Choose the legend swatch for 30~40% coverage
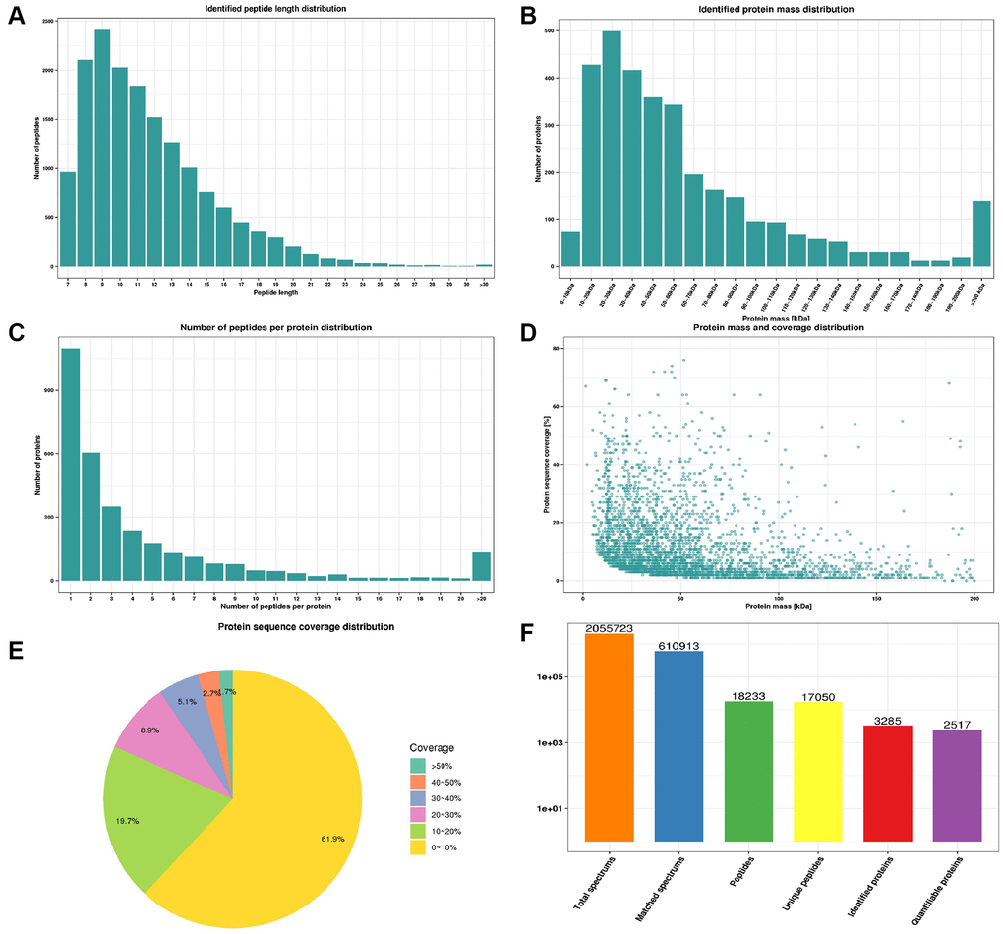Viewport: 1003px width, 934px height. click(419, 798)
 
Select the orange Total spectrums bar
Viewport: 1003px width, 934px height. click(610, 737)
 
